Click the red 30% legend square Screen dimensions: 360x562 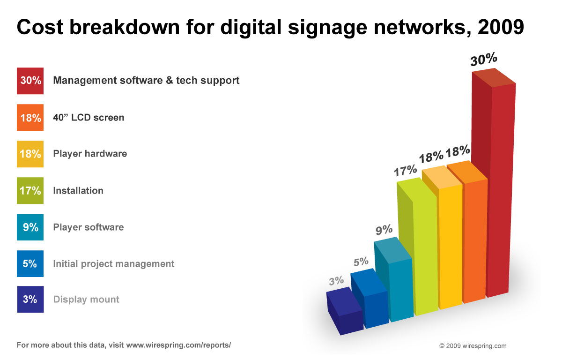(x=30, y=81)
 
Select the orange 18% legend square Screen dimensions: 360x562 (x=30, y=117)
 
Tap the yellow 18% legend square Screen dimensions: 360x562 (x=30, y=154)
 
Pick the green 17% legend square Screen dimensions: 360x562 (x=30, y=190)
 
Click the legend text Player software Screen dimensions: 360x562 (x=89, y=227)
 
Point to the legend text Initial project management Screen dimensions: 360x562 (x=114, y=264)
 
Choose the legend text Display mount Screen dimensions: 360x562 (x=86, y=300)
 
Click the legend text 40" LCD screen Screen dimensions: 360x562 (x=89, y=117)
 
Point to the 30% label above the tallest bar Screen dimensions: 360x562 (x=484, y=59)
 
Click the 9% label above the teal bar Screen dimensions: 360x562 (x=384, y=230)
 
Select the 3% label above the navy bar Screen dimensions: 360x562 (x=336, y=281)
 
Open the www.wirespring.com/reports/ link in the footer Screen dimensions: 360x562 (x=178, y=345)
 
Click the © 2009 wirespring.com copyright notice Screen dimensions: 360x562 (x=473, y=346)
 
